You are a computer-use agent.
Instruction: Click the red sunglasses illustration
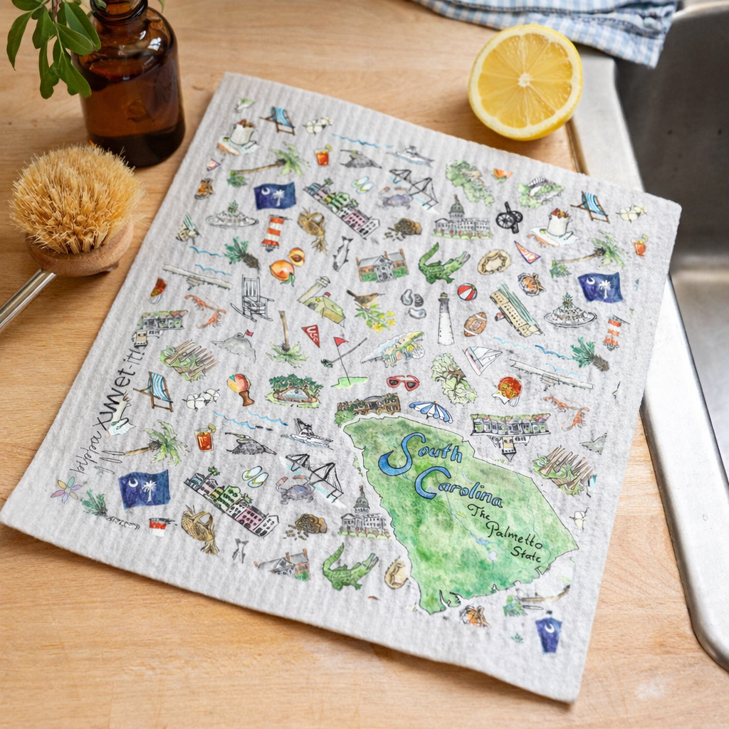(404, 382)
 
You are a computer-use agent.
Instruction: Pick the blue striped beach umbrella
(431, 410)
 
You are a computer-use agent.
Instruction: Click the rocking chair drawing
(252, 298)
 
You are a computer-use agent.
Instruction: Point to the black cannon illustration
(509, 217)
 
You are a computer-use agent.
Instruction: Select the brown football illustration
(475, 324)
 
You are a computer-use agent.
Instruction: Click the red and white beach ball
(466, 292)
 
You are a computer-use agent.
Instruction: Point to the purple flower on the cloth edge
(65, 490)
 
